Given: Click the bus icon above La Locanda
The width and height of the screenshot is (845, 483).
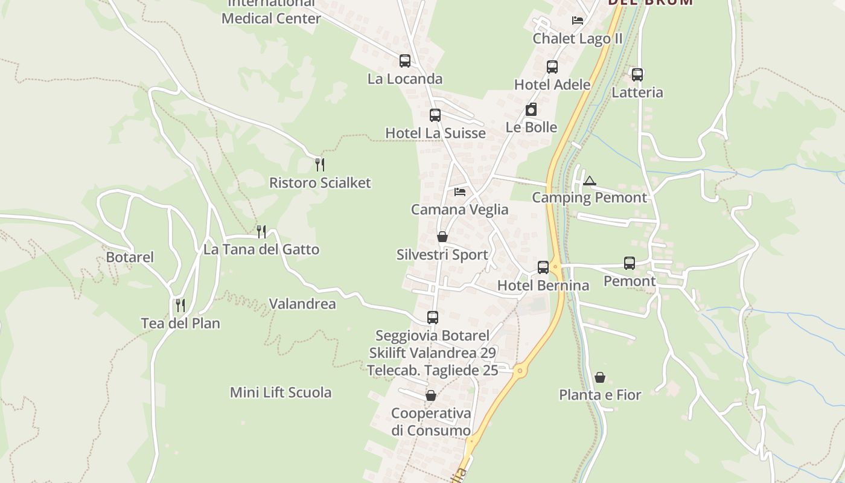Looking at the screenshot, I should (x=404, y=61).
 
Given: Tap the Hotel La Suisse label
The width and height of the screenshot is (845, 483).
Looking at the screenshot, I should (x=435, y=133).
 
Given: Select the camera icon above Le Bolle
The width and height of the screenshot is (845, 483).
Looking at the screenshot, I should (x=531, y=109).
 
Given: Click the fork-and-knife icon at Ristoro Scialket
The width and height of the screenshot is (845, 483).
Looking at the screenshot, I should (x=320, y=164).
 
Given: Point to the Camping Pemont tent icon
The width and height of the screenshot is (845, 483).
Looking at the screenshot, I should (x=590, y=180).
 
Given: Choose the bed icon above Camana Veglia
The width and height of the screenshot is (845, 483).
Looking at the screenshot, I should (x=460, y=192).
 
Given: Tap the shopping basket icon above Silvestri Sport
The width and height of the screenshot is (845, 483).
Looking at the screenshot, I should (x=442, y=237).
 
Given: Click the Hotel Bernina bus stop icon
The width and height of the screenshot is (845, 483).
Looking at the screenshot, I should (x=543, y=267).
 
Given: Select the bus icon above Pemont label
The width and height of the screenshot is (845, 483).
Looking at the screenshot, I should (x=630, y=263).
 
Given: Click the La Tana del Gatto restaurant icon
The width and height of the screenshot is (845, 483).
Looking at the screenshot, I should (x=261, y=231).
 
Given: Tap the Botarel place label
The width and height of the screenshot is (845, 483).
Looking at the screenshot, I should (x=130, y=257).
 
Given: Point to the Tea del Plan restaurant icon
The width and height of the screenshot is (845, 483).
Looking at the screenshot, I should (x=180, y=305).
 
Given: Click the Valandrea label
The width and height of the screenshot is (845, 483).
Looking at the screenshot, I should (x=302, y=304).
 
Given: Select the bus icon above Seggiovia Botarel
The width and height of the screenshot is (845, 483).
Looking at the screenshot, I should (x=432, y=317).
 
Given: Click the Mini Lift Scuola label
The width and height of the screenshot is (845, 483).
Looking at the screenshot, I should (x=281, y=392).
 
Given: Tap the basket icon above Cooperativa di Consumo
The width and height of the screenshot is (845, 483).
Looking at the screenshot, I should (x=431, y=395).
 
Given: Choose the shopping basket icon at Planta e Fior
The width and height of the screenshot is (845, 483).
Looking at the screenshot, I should (x=600, y=377).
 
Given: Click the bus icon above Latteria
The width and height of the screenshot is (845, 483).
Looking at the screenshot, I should (x=637, y=75).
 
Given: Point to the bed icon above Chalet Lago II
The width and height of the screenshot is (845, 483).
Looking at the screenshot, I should (x=578, y=20).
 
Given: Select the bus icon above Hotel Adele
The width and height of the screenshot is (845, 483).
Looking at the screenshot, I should (x=552, y=67).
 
